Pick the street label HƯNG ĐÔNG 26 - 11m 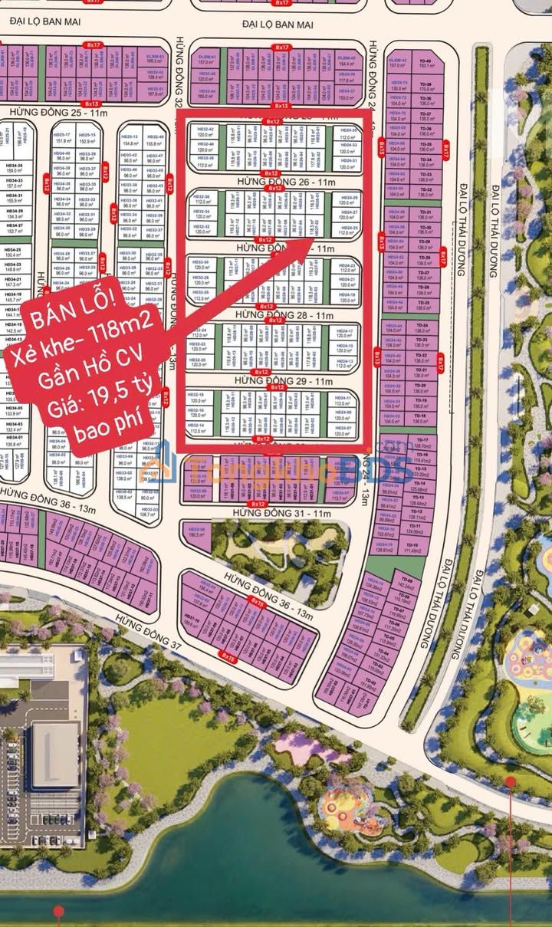274,182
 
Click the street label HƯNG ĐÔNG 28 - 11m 274,315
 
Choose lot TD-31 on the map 426,214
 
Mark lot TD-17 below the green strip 422,444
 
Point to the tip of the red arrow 311,242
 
